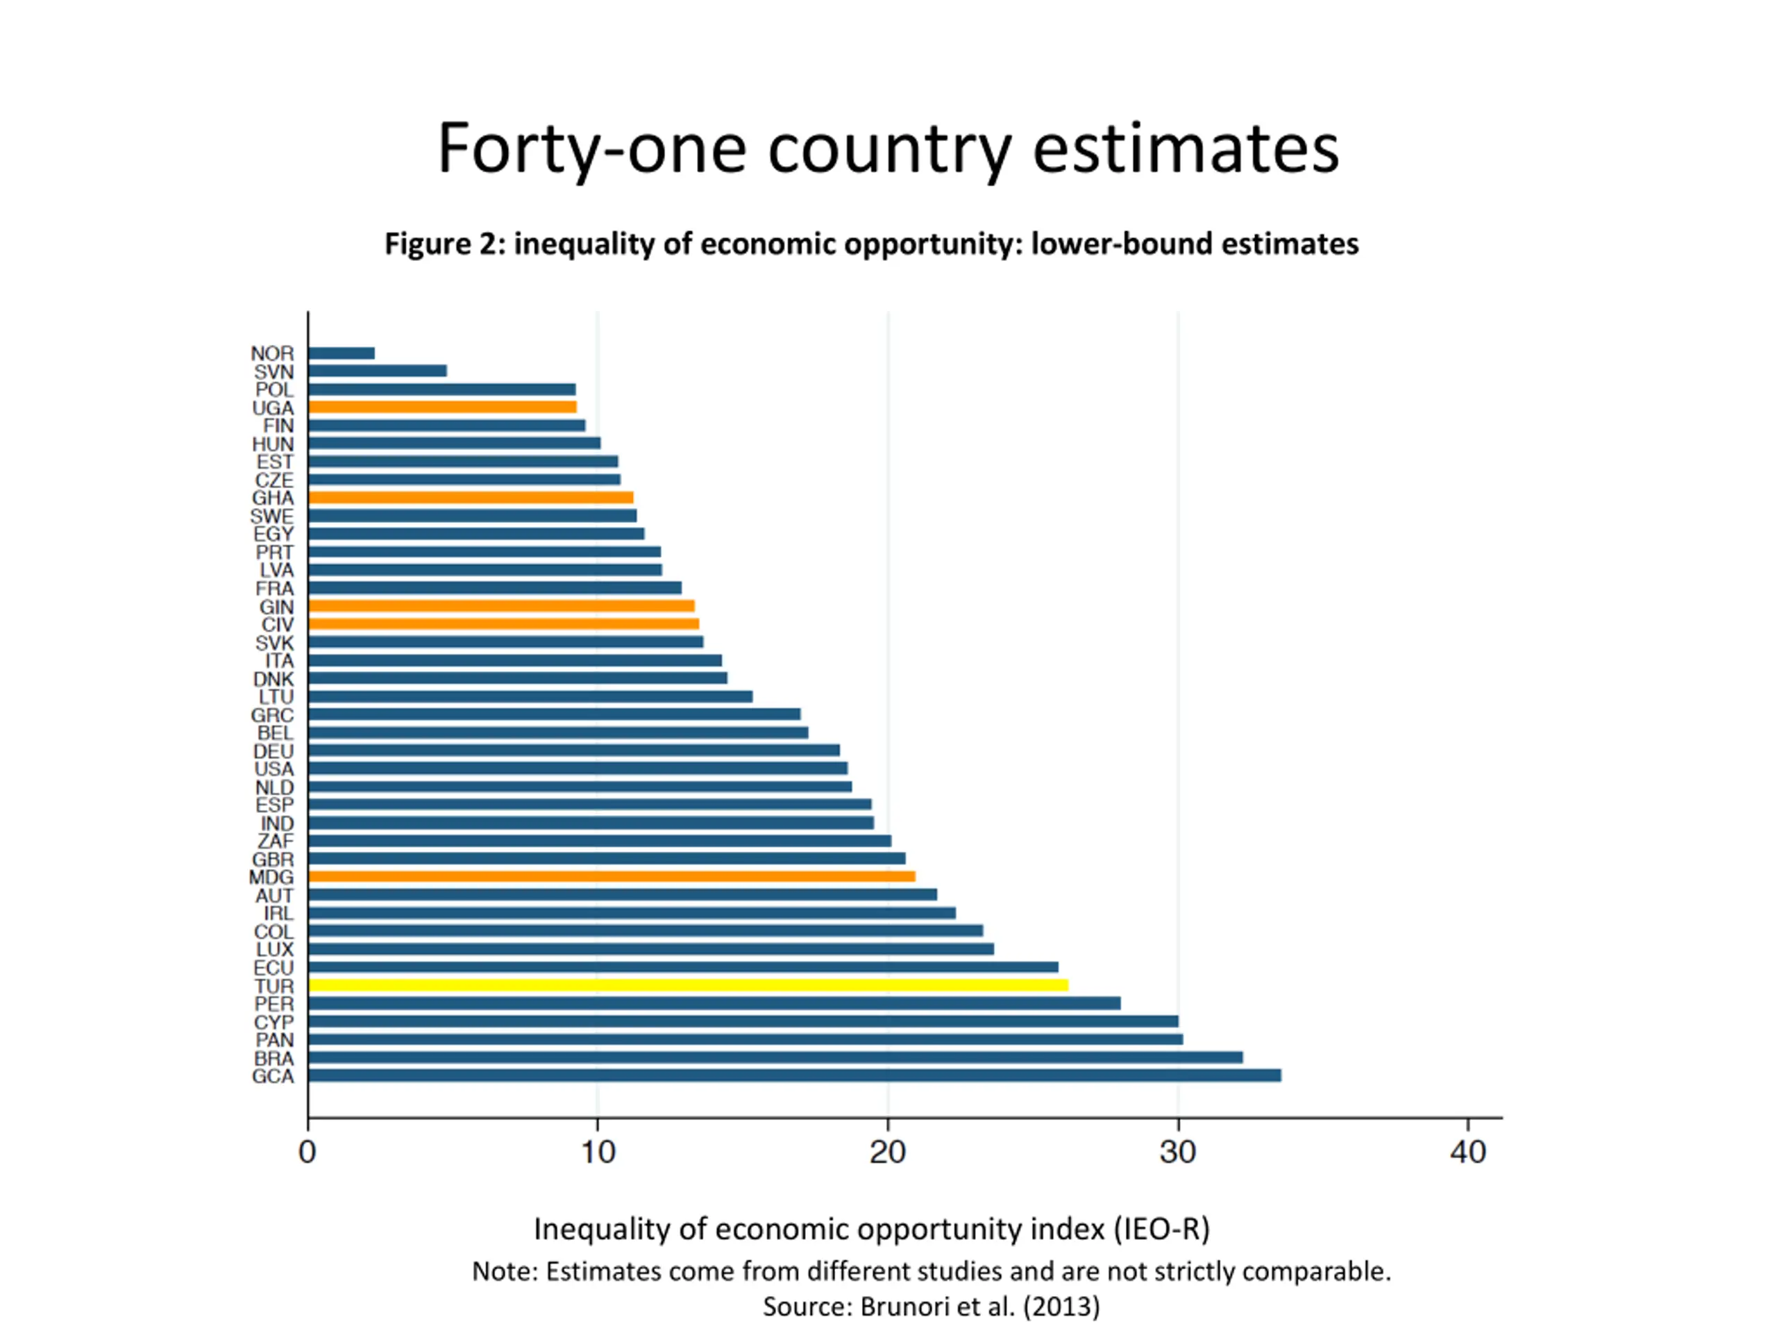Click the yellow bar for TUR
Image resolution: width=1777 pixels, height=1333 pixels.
click(688, 985)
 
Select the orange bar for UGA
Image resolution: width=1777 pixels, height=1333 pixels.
click(442, 408)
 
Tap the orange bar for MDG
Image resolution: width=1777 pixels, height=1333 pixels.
click(612, 877)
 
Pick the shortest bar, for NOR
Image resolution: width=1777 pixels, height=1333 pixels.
click(342, 353)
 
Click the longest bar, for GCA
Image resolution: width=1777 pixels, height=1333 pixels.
click(793, 1076)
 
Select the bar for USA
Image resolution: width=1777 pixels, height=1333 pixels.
click(578, 769)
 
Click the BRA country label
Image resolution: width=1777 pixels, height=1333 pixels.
click(274, 1058)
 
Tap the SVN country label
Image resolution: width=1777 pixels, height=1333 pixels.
click(274, 372)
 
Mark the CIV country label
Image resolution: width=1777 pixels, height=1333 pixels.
click(277, 625)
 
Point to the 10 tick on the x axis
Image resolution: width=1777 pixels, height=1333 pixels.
click(598, 1153)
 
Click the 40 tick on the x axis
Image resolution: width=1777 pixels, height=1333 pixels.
click(1467, 1153)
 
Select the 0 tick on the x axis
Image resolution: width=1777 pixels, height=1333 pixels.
click(307, 1153)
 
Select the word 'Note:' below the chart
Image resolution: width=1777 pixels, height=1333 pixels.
click(505, 1271)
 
